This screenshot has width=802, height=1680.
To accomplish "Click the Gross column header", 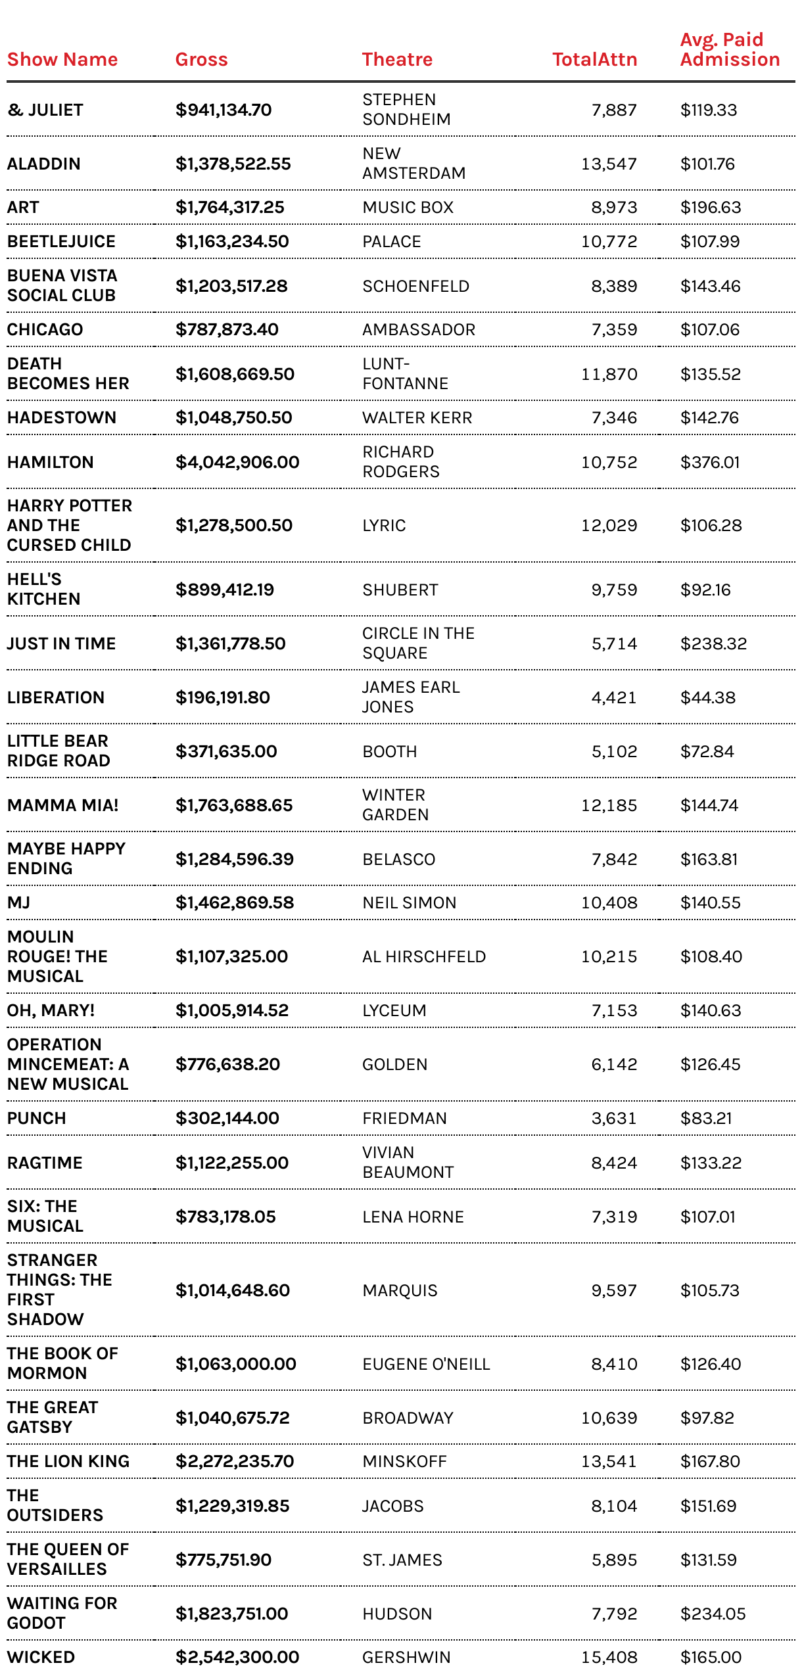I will (x=201, y=60).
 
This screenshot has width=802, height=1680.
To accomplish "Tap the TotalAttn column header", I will (x=594, y=60).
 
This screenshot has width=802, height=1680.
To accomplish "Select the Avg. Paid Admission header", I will (x=730, y=50).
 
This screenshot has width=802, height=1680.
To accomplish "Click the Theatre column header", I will (x=397, y=60).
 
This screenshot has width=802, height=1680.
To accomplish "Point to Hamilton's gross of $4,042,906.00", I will (x=237, y=463).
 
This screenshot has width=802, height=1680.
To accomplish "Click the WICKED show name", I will (x=41, y=1657).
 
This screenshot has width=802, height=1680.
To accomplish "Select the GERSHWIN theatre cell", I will (x=406, y=1658).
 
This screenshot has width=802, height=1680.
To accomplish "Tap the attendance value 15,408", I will (x=609, y=1658).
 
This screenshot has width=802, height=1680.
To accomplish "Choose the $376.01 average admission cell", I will (x=710, y=463).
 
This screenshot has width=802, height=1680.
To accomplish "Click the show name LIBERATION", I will (x=56, y=698).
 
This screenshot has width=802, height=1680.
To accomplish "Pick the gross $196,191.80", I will (x=223, y=698).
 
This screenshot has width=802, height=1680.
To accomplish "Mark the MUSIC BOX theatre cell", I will (x=408, y=208).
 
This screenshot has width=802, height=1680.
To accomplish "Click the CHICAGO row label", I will (x=45, y=330).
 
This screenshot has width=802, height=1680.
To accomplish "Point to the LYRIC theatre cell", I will (x=384, y=526).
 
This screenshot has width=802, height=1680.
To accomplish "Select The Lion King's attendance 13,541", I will (x=609, y=1462).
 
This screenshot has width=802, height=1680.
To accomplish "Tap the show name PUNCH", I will (x=37, y=1119).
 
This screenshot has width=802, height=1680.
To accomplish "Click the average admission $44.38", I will (x=708, y=698).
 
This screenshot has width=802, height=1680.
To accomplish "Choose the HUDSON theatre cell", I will (x=397, y=1614).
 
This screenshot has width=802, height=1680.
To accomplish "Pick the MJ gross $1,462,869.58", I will (x=235, y=903).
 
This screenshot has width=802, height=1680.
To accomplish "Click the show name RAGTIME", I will (x=45, y=1163).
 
